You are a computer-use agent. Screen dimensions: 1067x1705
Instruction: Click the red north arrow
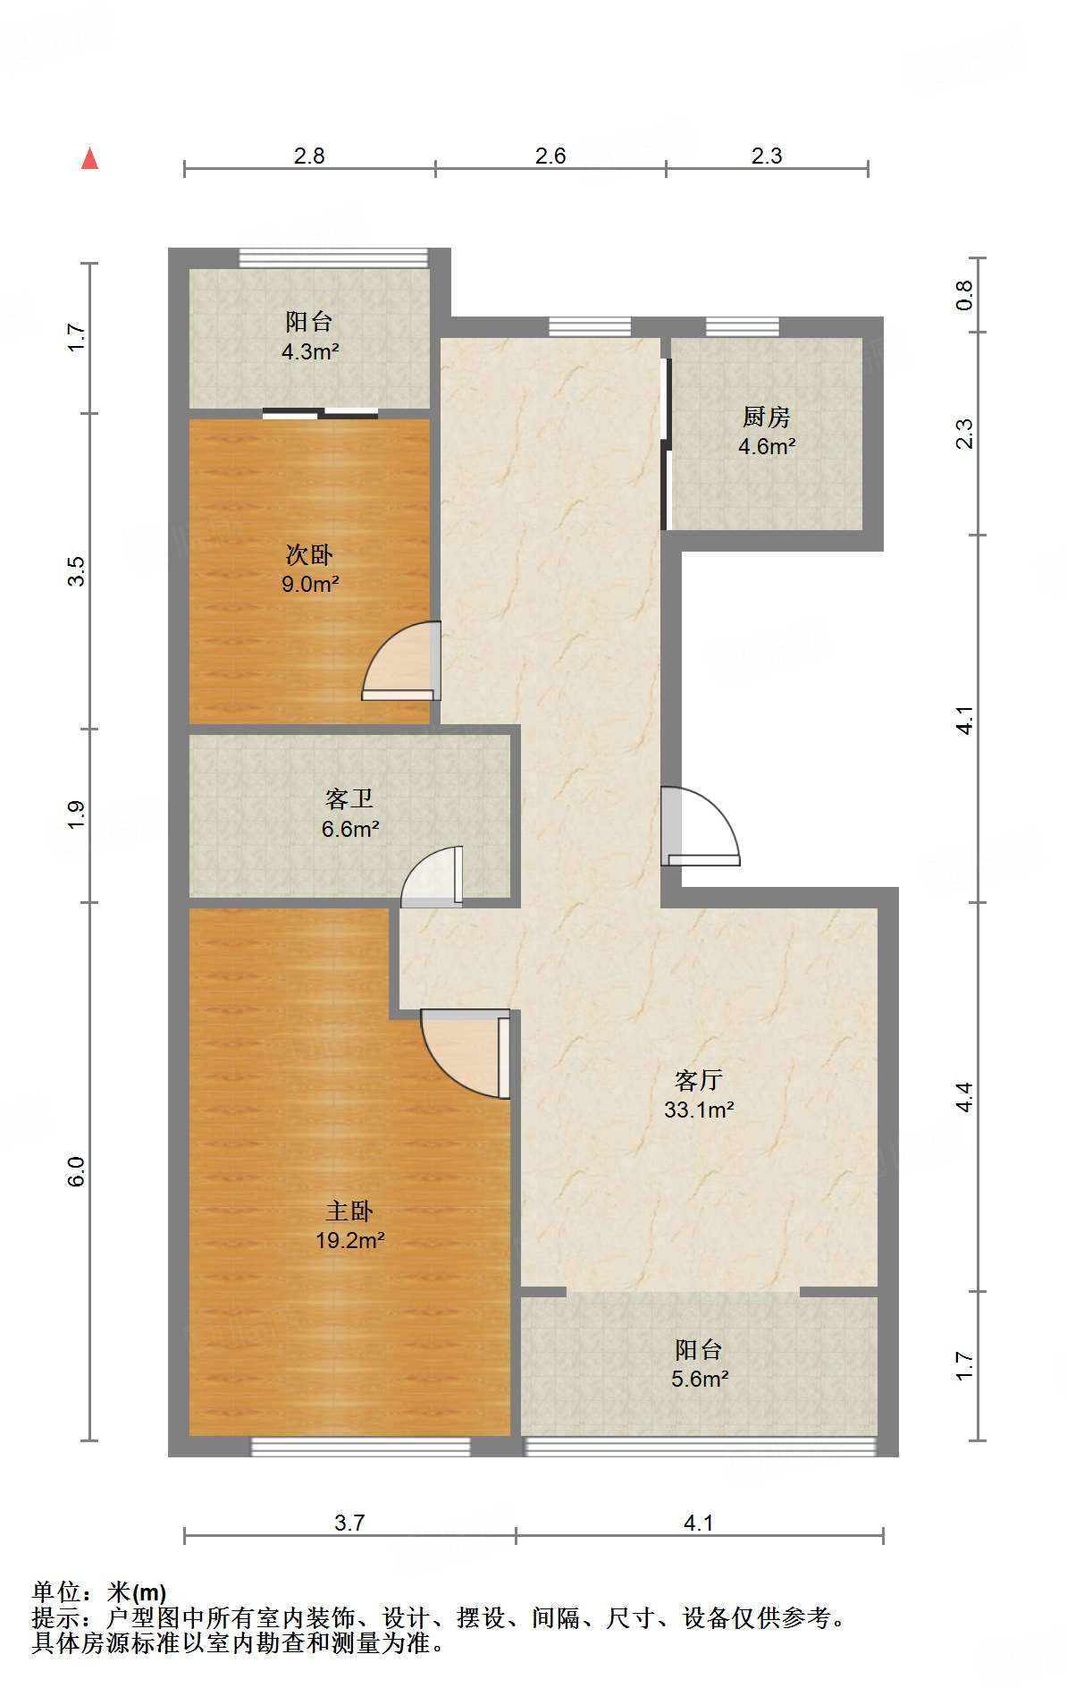coord(89,158)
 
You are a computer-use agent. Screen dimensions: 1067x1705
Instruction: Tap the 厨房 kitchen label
coord(767,418)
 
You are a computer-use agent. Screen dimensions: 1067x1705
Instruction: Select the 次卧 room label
coord(309,555)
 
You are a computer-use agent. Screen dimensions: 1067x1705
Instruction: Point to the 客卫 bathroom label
coord(349,798)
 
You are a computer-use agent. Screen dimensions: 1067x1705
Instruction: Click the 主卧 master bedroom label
coord(349,1211)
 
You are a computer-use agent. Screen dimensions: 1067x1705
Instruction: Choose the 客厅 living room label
coord(699,1081)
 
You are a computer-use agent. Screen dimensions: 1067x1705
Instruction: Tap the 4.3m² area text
coord(310,352)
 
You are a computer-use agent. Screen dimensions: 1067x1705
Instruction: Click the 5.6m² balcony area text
coord(700,1380)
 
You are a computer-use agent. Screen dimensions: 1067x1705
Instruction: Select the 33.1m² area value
coord(699,1110)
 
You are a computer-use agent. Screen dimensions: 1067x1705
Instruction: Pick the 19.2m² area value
coord(349,1241)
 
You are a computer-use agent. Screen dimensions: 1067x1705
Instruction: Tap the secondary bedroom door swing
coord(401,661)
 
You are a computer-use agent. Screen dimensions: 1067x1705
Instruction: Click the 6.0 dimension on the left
coord(77,1171)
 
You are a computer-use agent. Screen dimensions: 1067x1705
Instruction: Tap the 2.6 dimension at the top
coord(550,156)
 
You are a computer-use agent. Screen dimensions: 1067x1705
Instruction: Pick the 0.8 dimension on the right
coord(964,295)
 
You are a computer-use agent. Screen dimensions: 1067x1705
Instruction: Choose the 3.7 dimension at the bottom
coord(349,1524)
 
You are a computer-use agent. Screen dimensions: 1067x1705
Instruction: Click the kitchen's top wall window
coord(742,326)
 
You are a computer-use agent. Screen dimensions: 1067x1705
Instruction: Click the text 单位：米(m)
coord(99,1592)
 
